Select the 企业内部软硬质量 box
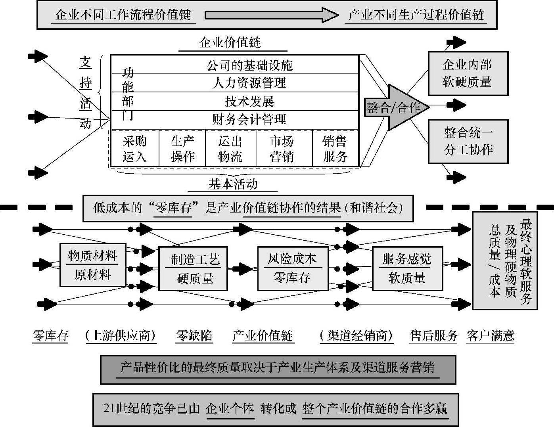[468, 73]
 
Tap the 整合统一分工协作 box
[468, 141]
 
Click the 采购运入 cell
[134, 149]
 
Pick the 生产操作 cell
[182, 149]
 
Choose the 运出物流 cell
[230, 149]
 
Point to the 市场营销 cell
[282, 149]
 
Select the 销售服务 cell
[335, 149]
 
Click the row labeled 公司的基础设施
[249, 65]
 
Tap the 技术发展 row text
[249, 101]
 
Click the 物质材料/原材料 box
[92, 265]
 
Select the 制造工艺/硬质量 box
[193, 268]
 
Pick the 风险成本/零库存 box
[293, 268]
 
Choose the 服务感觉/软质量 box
[407, 268]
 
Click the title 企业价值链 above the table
[231, 42]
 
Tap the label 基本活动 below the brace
[233, 184]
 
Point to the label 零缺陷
[194, 336]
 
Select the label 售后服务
[433, 336]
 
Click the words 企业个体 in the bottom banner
[230, 408]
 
